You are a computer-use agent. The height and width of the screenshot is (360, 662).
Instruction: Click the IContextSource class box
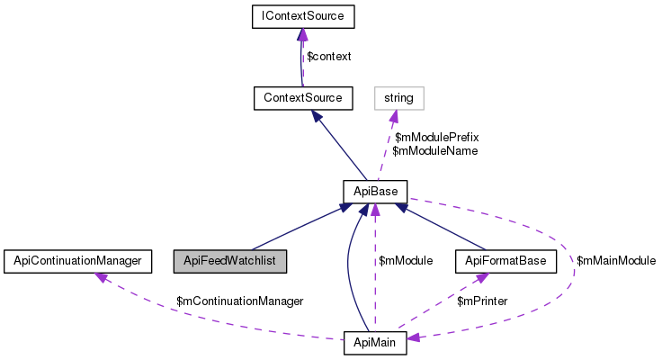pos(303,15)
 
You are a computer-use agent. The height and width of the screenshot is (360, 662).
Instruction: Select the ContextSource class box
pos(303,94)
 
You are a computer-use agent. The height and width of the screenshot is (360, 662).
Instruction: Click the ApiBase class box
pos(375,191)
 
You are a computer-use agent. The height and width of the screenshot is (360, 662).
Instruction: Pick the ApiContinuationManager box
pos(73,261)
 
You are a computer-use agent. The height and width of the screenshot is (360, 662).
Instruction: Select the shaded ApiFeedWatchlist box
pos(231,261)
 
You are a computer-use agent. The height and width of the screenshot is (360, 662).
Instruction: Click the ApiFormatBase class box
pos(506,261)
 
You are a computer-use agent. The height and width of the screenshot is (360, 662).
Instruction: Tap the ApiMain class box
pos(375,343)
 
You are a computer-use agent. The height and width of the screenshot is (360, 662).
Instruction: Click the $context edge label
pos(328,56)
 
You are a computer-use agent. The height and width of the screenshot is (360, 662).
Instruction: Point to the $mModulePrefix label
pos(437,137)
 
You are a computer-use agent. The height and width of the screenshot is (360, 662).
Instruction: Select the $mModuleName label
pos(435,150)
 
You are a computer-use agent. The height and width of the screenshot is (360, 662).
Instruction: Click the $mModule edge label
pos(406,261)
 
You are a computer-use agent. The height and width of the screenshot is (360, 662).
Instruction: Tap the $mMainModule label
pos(615,261)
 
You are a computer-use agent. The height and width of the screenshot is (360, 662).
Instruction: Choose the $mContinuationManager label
pos(240,300)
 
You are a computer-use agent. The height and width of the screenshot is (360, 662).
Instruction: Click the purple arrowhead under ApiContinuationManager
pos(103,277)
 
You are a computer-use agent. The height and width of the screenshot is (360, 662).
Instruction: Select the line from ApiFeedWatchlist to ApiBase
pos(297,229)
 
